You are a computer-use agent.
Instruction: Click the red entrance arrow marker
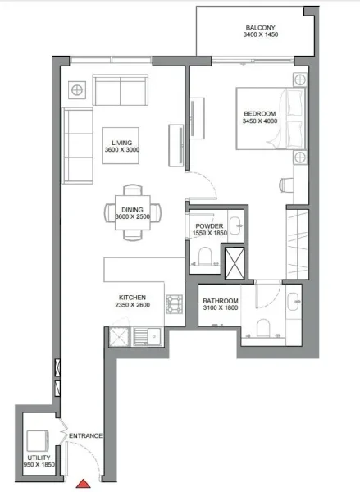[x=84, y=485]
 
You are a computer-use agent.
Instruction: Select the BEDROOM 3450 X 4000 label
[x=261, y=116]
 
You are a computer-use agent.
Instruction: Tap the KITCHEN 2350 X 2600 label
[x=133, y=302]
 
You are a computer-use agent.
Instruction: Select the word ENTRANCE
[x=85, y=435]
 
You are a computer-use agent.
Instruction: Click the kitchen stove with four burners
[x=174, y=305]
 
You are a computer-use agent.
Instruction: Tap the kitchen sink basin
[x=148, y=335]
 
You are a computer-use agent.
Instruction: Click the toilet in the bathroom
[x=263, y=329]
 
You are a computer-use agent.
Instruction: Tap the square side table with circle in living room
[x=78, y=88]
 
